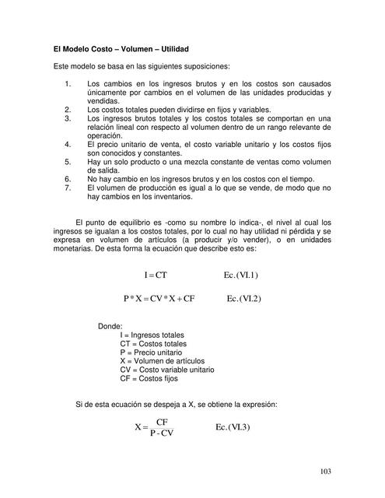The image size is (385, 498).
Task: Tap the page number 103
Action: (327, 471)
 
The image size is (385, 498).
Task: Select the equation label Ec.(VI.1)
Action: (240, 275)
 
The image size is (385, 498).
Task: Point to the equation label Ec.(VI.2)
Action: (244, 299)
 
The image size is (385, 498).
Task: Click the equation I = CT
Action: (156, 275)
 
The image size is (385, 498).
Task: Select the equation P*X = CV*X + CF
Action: (158, 299)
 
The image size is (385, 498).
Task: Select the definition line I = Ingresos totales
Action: (152, 335)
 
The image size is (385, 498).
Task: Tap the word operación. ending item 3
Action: (107, 135)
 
